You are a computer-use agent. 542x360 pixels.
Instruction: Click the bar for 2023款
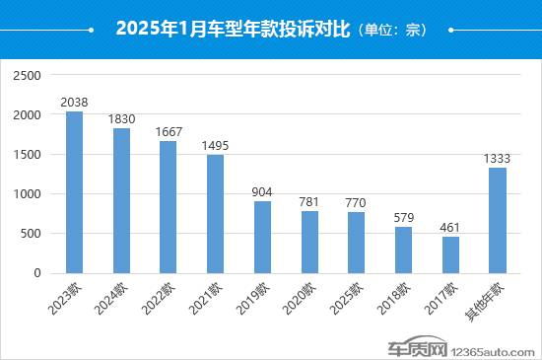pyautogui.click(x=74, y=192)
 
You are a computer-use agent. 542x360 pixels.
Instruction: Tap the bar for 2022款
pyautogui.click(x=169, y=207)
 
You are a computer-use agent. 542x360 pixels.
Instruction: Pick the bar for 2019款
pyautogui.click(x=262, y=237)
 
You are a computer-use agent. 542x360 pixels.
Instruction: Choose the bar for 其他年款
pyautogui.click(x=497, y=220)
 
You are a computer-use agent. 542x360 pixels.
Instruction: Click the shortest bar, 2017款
pyautogui.click(x=450, y=254)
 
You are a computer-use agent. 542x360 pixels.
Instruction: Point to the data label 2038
pyautogui.click(x=74, y=102)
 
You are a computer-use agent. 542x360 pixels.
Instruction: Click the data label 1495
pyautogui.click(x=215, y=145)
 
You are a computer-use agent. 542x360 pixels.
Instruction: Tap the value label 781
pyautogui.click(x=308, y=201)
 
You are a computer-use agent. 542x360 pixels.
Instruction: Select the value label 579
pyautogui.click(x=403, y=217)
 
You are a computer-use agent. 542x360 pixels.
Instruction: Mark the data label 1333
pyautogui.click(x=497, y=158)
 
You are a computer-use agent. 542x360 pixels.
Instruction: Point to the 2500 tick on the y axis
pyautogui.click(x=28, y=76)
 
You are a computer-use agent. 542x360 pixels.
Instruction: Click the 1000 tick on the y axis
pyautogui.click(x=28, y=194)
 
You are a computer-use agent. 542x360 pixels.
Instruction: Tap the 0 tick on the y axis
pyautogui.click(x=36, y=273)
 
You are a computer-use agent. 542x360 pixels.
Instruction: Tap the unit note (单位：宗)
pyautogui.click(x=389, y=30)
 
